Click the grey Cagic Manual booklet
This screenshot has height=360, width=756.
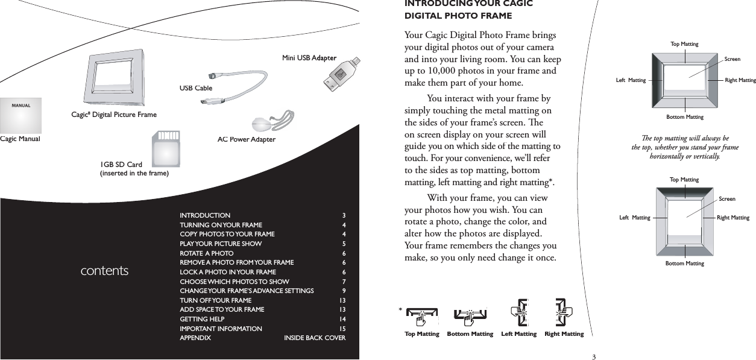click(21, 115)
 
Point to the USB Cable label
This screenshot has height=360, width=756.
click(196, 88)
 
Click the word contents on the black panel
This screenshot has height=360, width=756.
click(104, 271)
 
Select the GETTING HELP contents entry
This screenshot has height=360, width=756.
click(202, 318)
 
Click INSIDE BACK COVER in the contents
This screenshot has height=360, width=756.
click(315, 338)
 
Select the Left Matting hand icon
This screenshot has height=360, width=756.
click(519, 312)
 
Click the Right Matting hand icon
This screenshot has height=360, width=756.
click(563, 312)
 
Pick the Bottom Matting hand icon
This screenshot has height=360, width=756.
click(470, 314)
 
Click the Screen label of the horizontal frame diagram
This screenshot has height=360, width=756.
click(732, 59)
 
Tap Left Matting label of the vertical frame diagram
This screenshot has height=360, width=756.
click(635, 218)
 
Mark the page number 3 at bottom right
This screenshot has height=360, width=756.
click(593, 356)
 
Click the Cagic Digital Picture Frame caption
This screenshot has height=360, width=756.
click(113, 115)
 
